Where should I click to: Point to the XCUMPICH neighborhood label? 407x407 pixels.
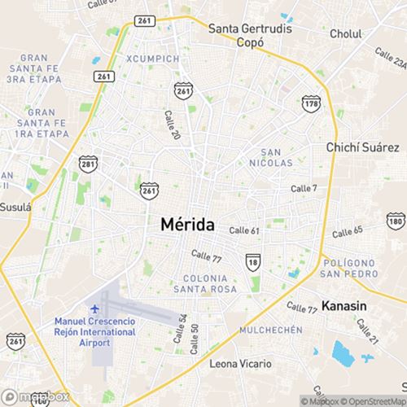(152, 59)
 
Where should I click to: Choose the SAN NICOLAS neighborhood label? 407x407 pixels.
(277, 158)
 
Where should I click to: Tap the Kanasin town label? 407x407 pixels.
(344, 307)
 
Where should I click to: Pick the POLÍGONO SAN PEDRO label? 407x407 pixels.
(348, 269)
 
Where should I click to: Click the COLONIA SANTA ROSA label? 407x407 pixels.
(205, 283)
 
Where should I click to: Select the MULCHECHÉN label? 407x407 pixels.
(271, 330)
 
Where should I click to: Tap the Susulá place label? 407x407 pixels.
(15, 207)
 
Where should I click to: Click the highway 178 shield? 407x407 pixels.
(310, 103)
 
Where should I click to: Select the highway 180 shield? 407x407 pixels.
(396, 221)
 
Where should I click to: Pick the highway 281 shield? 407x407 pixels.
(89, 164)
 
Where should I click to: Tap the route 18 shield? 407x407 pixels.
(253, 261)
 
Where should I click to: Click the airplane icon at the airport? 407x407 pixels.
(95, 310)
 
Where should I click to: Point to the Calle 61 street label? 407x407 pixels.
(244, 231)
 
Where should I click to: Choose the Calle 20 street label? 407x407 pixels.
(172, 124)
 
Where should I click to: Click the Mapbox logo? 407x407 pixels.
(35, 398)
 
